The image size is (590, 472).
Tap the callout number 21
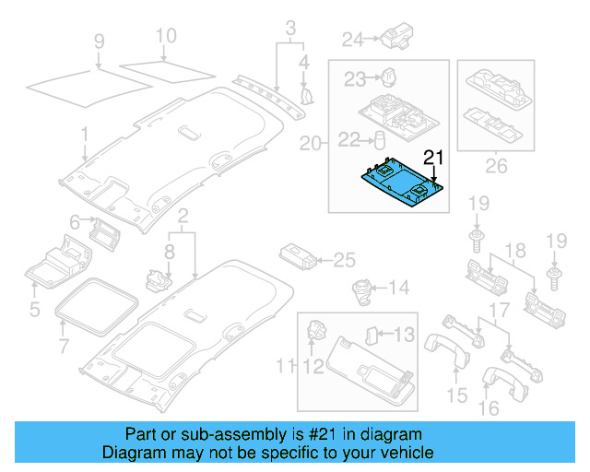[433, 156]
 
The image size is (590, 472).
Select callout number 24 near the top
[353, 39]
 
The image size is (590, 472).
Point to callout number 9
[100, 41]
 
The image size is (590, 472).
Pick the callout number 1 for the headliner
[84, 134]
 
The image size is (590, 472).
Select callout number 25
[343, 260]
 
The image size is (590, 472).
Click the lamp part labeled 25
[297, 255]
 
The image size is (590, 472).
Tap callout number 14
[397, 289]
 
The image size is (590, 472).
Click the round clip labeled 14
[359, 290]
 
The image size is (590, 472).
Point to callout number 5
[34, 310]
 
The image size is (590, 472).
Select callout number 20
[311, 144]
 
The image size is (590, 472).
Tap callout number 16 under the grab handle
[490, 407]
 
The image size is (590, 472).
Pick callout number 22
[349, 139]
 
